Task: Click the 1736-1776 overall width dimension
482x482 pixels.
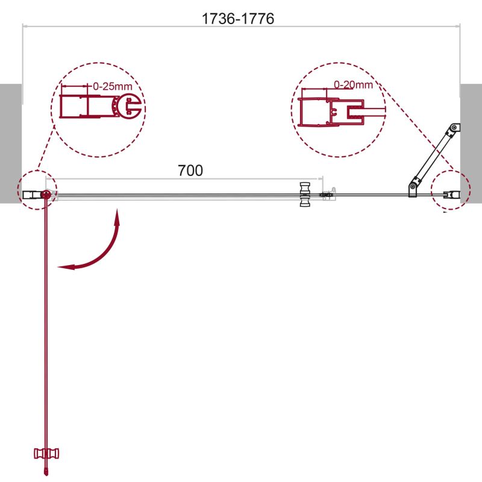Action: click(x=237, y=19)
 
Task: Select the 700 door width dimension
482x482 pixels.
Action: click(x=190, y=171)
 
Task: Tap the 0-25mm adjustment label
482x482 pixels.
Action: click(x=113, y=86)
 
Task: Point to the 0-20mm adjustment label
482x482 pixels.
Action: click(x=353, y=84)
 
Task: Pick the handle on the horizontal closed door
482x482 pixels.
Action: click(x=305, y=194)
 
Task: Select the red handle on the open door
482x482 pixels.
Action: click(x=46, y=454)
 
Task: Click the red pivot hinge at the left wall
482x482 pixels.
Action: click(x=46, y=194)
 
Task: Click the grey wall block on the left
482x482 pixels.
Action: click(x=11, y=143)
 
